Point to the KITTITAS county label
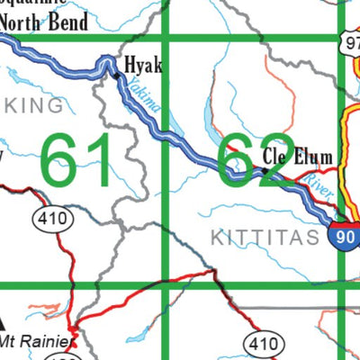coord(265,238)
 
